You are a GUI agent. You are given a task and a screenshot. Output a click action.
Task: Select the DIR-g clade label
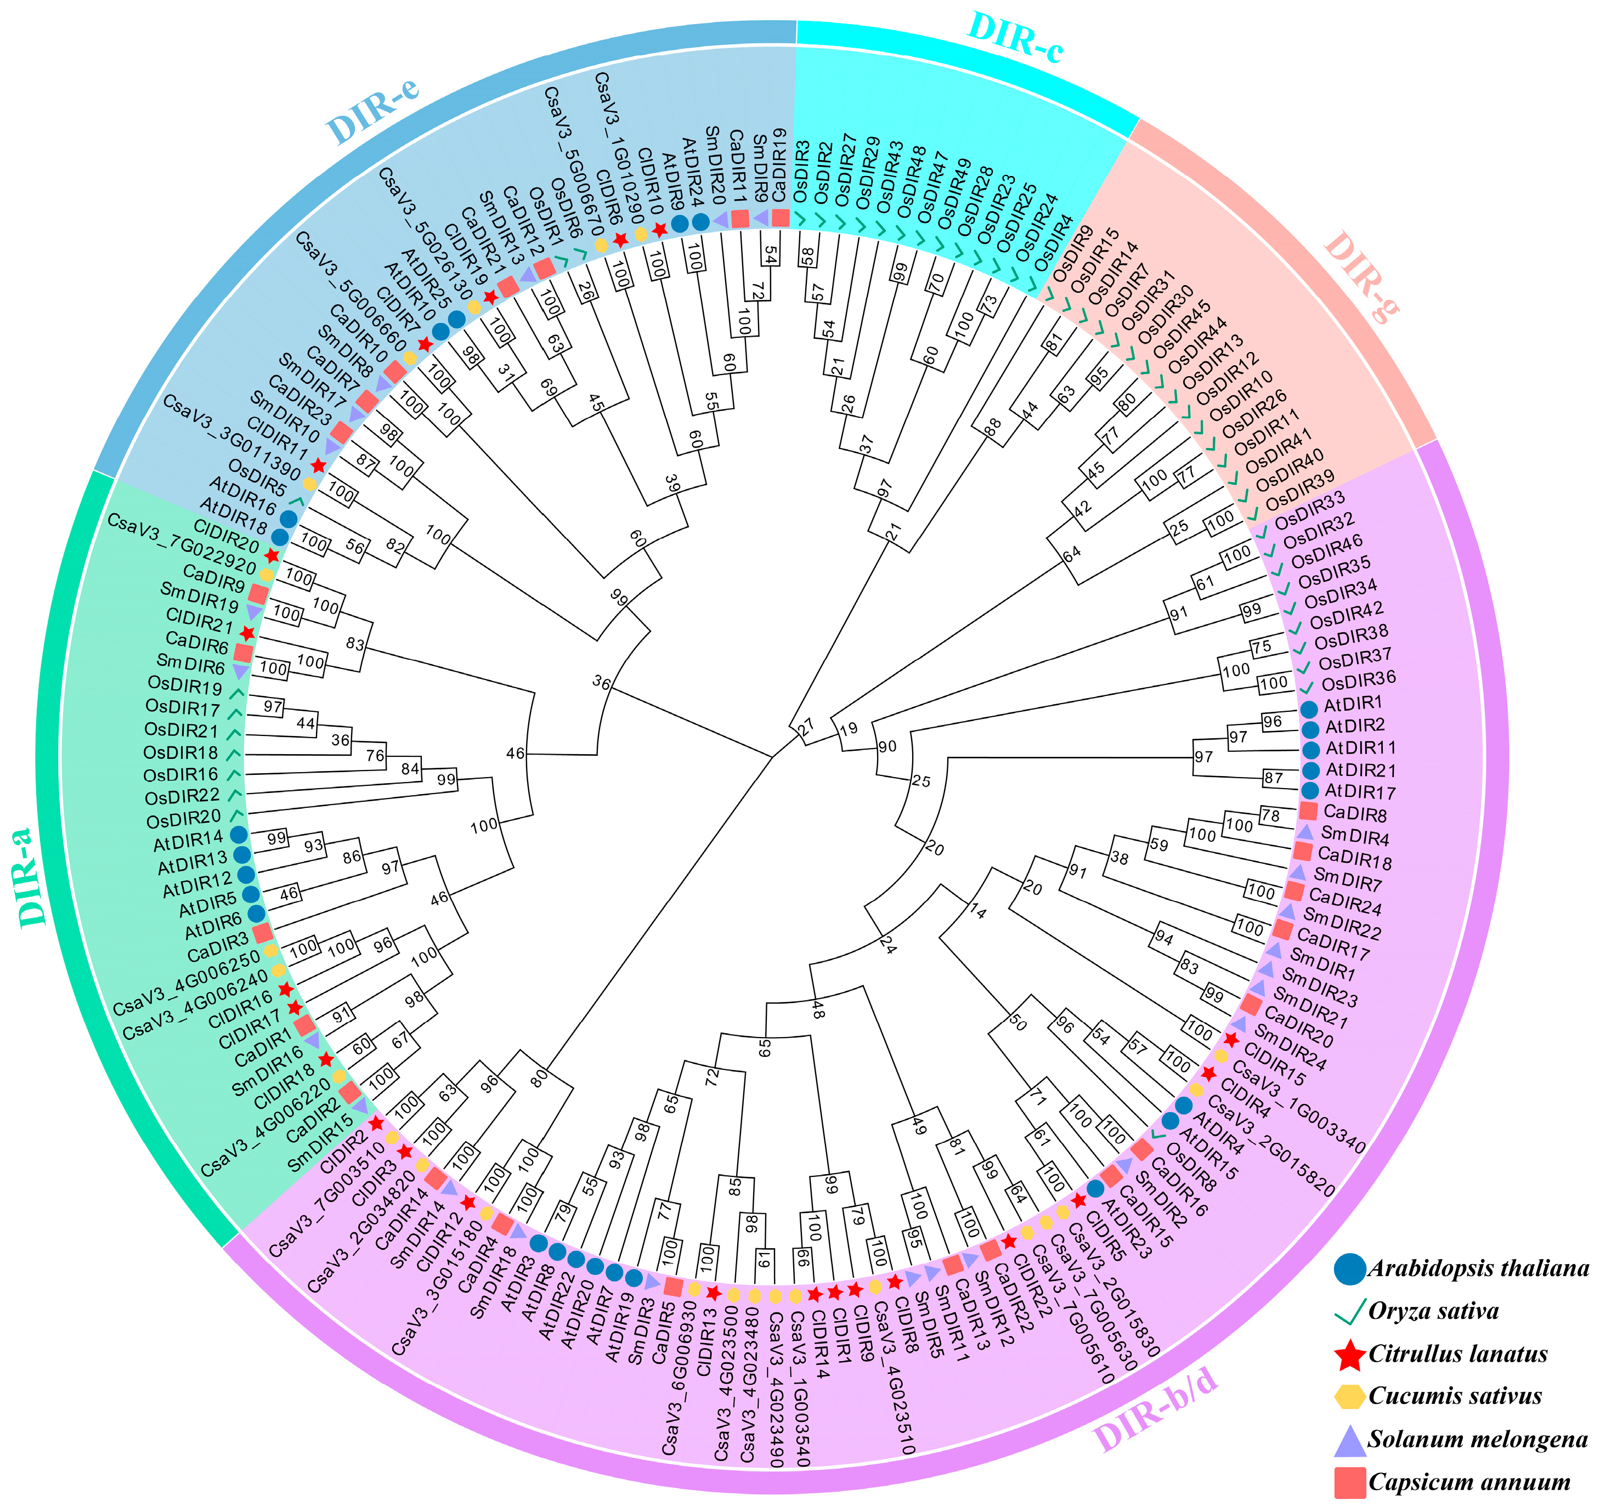1361,276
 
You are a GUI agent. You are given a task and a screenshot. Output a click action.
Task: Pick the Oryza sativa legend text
1433,1311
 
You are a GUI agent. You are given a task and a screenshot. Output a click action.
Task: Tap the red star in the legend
1350,1354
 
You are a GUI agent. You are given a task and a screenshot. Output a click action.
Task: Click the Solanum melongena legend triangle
1350,1440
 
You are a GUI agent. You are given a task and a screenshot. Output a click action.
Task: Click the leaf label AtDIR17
1361,792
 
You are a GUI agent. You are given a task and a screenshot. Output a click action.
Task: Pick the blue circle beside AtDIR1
1310,707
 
